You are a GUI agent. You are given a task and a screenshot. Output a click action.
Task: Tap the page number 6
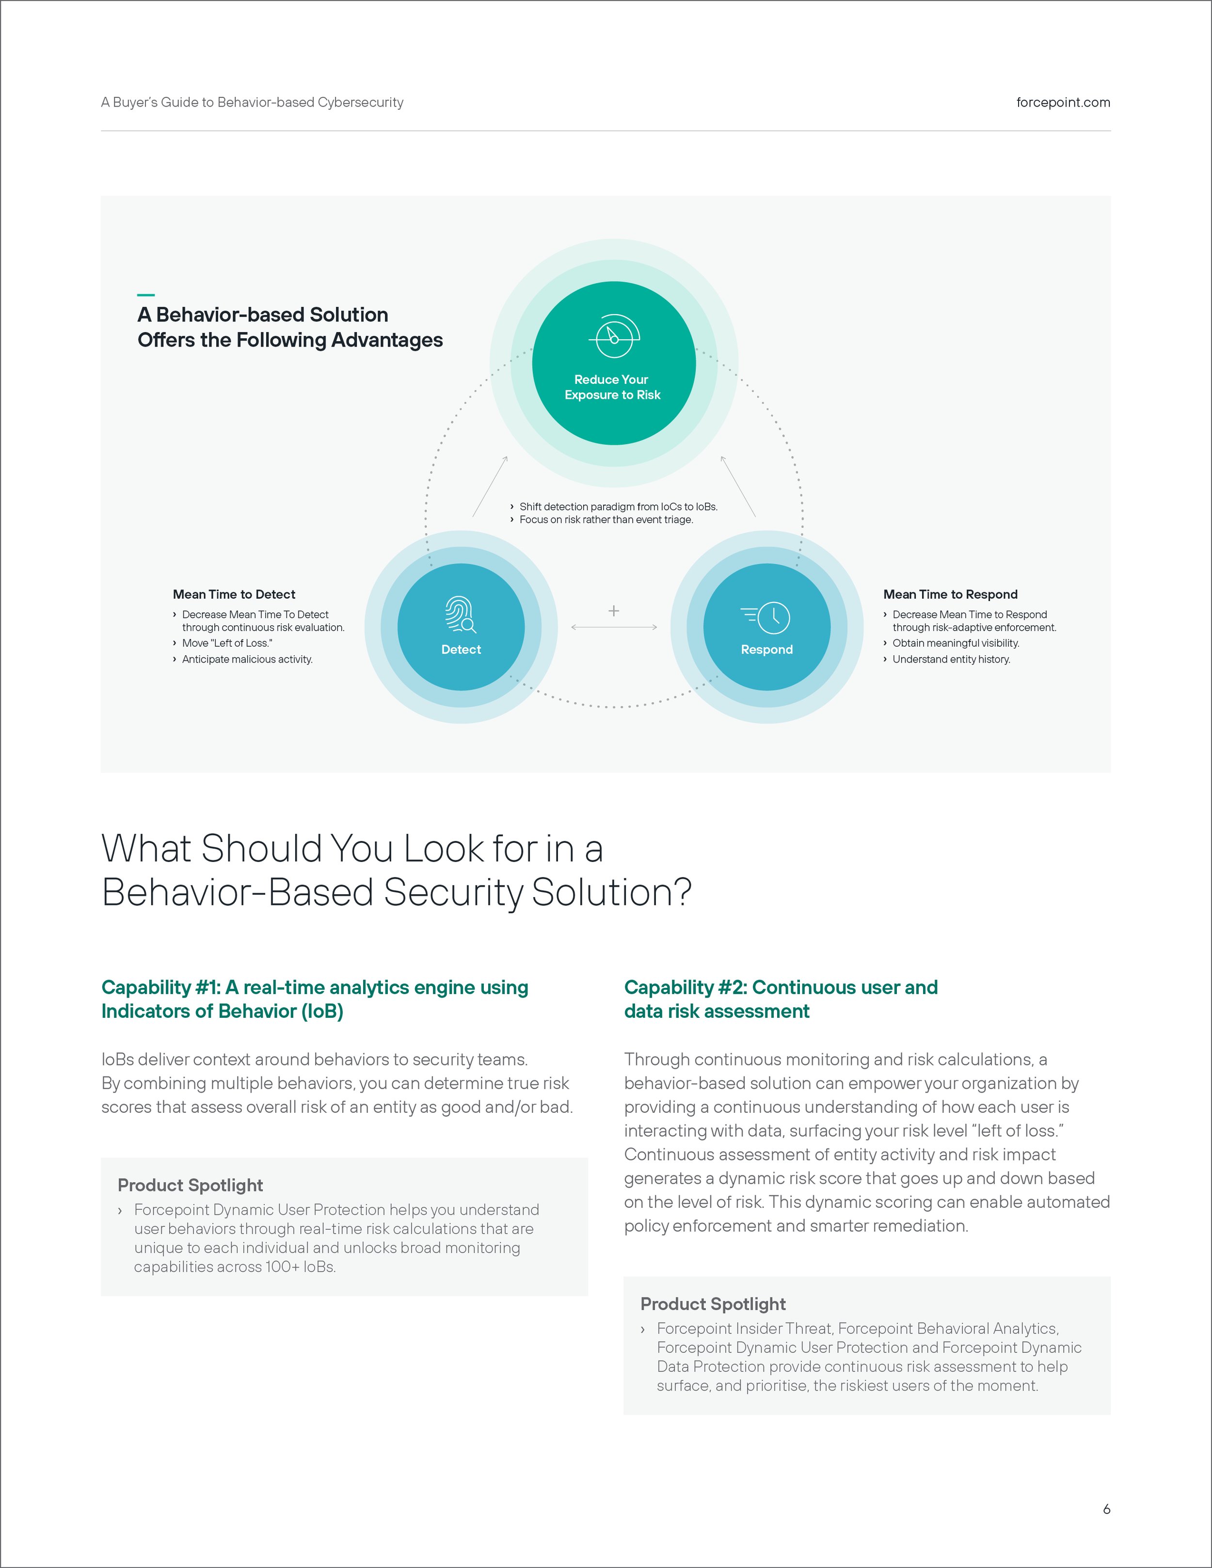(1106, 1509)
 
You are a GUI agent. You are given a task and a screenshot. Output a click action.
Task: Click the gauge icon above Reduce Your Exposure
(614, 336)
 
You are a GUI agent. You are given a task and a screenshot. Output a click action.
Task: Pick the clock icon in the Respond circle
(767, 618)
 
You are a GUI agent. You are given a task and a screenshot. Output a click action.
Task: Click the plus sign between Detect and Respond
(614, 611)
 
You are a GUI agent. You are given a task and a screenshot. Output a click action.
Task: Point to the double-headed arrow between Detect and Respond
(614, 628)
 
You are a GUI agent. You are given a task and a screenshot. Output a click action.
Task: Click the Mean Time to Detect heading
(234, 594)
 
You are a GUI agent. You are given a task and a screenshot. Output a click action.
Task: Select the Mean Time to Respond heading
(950, 594)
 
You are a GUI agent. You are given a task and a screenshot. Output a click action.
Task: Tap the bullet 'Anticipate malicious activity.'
(247, 659)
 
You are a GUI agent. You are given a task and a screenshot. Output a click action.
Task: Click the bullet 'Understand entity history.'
(951, 659)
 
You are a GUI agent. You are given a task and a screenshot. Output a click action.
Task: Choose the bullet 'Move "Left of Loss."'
(227, 643)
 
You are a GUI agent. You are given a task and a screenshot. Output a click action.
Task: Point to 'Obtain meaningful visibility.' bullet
(955, 643)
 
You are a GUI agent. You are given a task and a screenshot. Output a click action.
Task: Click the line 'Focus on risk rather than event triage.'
(606, 520)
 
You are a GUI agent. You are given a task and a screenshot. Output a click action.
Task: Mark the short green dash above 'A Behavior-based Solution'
(146, 294)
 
